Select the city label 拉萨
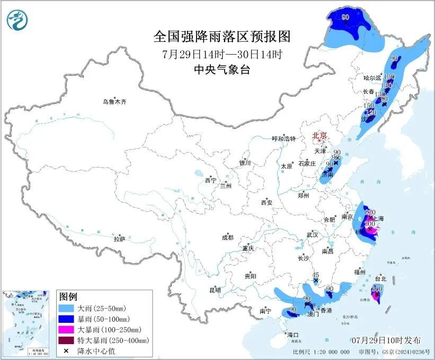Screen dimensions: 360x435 119,239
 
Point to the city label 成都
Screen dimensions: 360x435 228,238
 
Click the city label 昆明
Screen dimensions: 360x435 215,290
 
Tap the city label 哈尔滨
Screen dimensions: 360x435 372,78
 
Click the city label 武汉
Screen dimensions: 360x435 312,234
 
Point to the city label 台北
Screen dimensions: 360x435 381,278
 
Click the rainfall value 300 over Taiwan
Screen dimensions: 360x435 377,288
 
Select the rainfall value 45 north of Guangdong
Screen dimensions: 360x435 316,275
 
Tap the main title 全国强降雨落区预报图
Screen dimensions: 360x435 222,36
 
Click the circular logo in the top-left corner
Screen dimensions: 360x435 17,21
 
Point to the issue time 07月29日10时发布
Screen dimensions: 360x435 386,340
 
